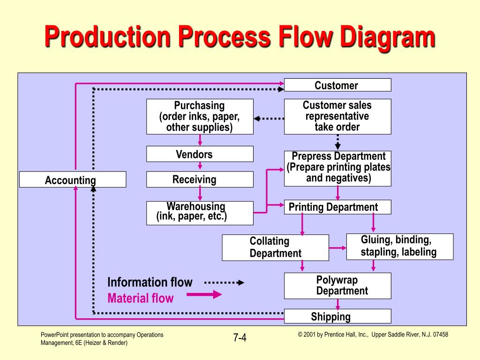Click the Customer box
(337, 85)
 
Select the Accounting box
(73, 180)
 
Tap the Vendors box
(200, 154)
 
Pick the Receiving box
(200, 180)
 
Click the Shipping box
(337, 316)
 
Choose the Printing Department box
(337, 207)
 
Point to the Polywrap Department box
(337, 285)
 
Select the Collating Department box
(275, 247)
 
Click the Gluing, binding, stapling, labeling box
(400, 247)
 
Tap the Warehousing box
(200, 213)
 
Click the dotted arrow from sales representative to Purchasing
(269, 119)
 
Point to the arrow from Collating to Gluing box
(337, 247)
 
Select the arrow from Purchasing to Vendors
(200, 140)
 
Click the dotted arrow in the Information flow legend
(224, 283)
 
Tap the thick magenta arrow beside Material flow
(204, 294)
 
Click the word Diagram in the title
(388, 37)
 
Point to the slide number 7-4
(240, 337)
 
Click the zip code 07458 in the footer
(441, 335)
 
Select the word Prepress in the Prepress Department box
(311, 156)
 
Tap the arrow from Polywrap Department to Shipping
(337, 304)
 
